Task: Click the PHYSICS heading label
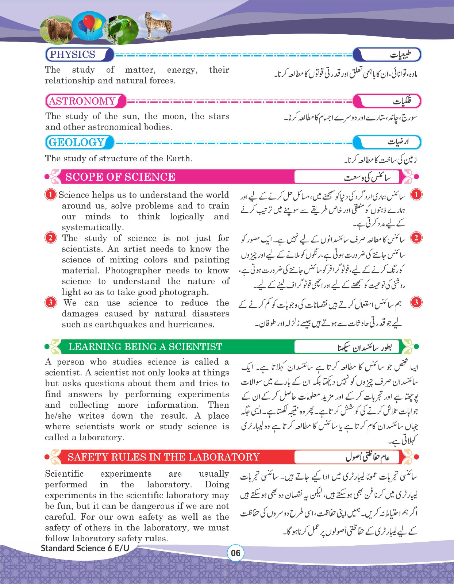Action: (72, 55)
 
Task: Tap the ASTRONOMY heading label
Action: (82, 101)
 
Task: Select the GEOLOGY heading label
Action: (76, 142)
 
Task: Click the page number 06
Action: (235, 553)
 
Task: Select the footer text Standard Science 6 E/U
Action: (85, 548)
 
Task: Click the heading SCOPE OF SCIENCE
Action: (120, 177)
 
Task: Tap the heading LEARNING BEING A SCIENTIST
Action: (145, 347)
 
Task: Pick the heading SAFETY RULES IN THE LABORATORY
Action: (163, 457)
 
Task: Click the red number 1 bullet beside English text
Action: (50, 195)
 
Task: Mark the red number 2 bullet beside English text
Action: (50, 238)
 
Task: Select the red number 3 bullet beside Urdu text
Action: (416, 302)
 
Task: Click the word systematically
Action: (92, 227)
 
